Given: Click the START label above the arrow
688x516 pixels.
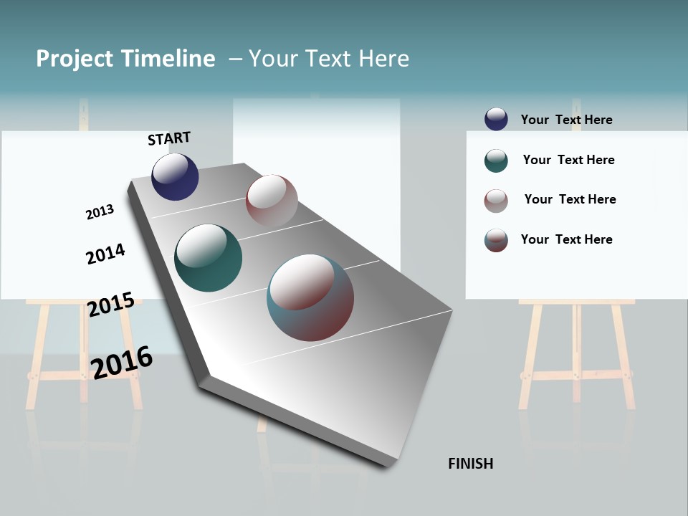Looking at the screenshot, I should [x=169, y=138].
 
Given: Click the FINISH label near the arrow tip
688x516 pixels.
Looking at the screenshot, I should [x=470, y=464].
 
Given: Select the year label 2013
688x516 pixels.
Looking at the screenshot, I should [x=100, y=212].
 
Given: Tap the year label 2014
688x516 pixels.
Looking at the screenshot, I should [x=105, y=254].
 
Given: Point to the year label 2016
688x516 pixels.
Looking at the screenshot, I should [x=122, y=363].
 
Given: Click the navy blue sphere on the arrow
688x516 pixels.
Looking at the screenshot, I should [x=175, y=177].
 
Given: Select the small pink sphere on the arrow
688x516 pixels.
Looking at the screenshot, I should [x=272, y=201].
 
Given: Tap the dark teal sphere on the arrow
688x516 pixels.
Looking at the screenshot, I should [x=208, y=258].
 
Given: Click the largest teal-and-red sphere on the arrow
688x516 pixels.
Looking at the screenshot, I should [x=310, y=297].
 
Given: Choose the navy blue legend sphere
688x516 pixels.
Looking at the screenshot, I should [x=496, y=119].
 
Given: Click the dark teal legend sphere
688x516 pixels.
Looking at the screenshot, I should [x=496, y=161].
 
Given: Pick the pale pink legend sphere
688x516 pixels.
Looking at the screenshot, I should [x=496, y=201].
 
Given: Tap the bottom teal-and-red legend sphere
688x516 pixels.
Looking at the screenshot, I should [x=496, y=240].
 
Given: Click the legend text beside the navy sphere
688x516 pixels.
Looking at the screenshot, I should [x=566, y=120].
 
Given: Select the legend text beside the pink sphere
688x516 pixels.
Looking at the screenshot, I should [x=570, y=199].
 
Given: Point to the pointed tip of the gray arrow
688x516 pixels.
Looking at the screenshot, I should [x=391, y=464].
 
